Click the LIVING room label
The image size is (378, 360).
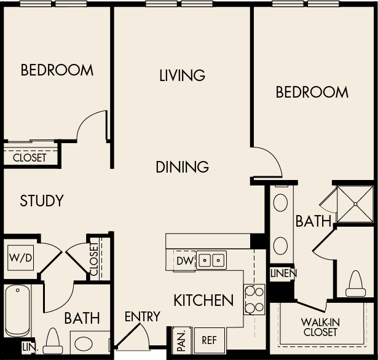click(x=182, y=76)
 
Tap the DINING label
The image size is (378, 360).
click(x=182, y=166)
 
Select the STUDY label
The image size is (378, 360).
click(x=42, y=201)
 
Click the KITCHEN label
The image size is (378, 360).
click(x=203, y=300)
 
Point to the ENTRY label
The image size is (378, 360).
click(x=142, y=317)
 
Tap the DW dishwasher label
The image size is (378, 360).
click(x=184, y=261)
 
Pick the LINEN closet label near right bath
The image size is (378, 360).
click(x=283, y=273)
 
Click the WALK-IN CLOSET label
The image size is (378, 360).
click(x=320, y=327)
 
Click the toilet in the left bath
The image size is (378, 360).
click(x=53, y=340)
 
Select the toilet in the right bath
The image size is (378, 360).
click(x=356, y=284)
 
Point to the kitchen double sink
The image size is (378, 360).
click(x=211, y=260)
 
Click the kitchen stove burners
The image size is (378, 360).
click(x=254, y=299)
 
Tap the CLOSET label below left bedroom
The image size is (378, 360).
click(x=30, y=158)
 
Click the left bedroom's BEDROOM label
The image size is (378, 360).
click(x=57, y=70)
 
